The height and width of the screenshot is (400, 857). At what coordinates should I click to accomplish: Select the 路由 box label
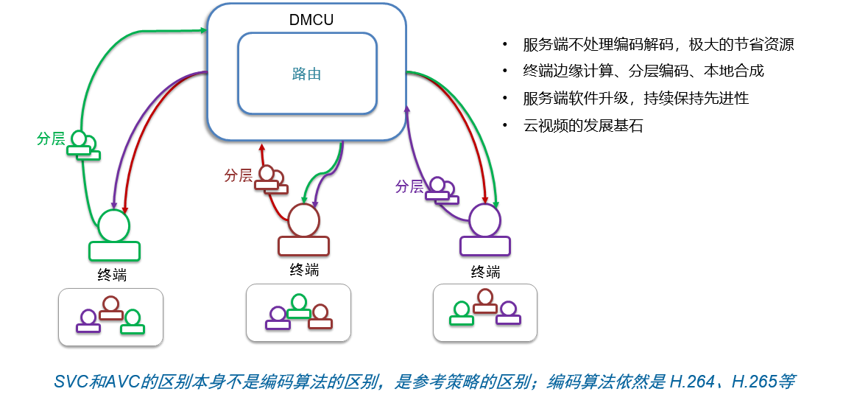click(306, 74)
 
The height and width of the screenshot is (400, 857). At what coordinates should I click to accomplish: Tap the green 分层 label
click(52, 138)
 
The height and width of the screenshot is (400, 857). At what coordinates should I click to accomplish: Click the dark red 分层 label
click(238, 176)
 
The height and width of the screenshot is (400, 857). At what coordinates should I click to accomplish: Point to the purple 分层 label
click(409, 186)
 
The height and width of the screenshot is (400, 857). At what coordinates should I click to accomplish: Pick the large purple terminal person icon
click(484, 231)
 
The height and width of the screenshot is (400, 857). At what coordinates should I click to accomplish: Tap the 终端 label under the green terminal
click(112, 275)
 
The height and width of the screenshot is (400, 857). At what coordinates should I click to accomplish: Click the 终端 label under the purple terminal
click(485, 271)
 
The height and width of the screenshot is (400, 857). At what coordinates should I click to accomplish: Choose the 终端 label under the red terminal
click(304, 270)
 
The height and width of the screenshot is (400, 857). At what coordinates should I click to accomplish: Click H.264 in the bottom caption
click(689, 382)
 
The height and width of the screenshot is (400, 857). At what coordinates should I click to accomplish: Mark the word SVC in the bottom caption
click(71, 382)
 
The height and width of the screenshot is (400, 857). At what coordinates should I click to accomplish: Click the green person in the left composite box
click(132, 323)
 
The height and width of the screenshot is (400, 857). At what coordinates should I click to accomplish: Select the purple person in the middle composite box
click(278, 319)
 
